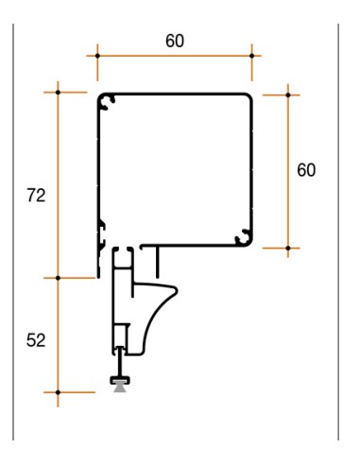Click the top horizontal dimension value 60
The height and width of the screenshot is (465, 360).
click(x=175, y=42)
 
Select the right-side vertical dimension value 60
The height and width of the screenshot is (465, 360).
click(x=306, y=170)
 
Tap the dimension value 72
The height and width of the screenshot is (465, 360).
click(x=36, y=196)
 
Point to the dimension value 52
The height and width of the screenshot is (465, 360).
click(x=36, y=340)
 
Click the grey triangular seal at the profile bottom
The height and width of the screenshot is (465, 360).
click(x=120, y=387)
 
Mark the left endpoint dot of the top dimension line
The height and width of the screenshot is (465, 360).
click(x=97, y=56)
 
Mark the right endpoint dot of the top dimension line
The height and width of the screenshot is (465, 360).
click(x=251, y=56)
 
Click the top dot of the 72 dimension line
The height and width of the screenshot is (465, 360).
click(x=58, y=93)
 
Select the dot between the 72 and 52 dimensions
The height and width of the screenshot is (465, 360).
click(x=58, y=278)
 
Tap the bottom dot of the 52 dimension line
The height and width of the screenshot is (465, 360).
click(x=58, y=392)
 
